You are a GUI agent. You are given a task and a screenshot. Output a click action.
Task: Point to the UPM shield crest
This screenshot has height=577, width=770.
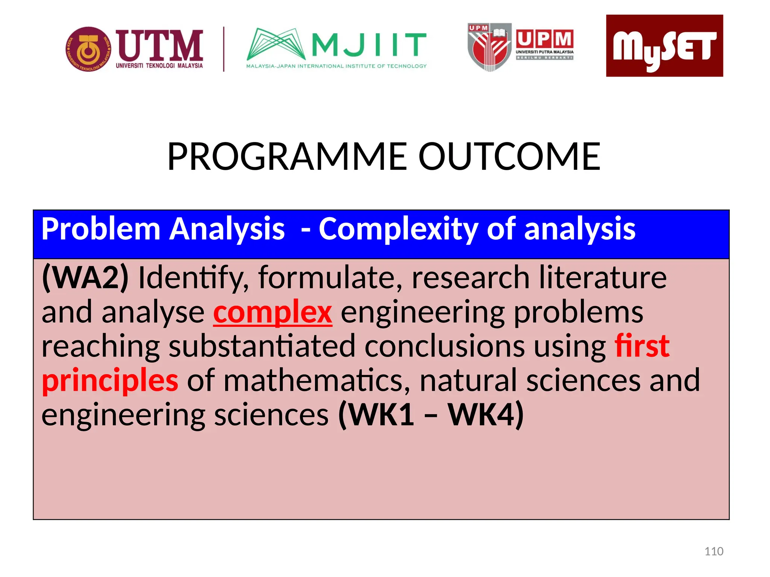pos(489,47)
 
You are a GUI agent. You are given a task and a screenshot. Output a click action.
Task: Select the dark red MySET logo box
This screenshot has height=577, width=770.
pos(664,46)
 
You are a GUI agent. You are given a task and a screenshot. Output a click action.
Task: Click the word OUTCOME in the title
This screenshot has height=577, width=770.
pos(509,157)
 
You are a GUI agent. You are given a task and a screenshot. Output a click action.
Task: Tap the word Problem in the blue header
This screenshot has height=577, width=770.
pos(100,229)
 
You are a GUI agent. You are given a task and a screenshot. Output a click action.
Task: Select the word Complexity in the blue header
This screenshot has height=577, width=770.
pos(398,229)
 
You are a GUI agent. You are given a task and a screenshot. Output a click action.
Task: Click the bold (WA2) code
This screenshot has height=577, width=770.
pos(85,277)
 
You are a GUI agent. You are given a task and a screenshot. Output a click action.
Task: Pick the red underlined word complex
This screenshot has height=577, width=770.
pos(273,312)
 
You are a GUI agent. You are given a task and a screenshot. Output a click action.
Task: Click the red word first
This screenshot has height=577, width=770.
pos(642,346)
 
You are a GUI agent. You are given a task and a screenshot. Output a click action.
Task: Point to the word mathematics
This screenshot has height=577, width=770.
pos(317,381)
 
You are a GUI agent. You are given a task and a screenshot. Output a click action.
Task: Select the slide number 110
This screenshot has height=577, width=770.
pos(714,551)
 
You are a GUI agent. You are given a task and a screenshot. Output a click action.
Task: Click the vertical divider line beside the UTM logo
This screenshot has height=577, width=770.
pos(224,49)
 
